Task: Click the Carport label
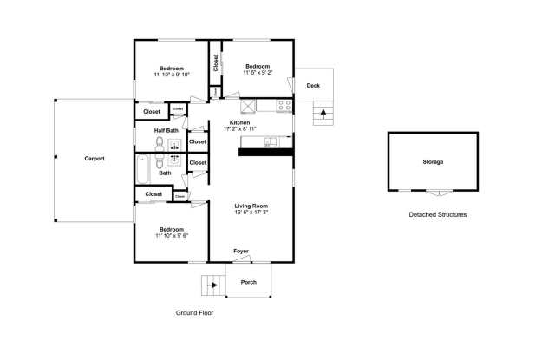[95, 159]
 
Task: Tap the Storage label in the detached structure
[433, 162]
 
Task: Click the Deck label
[313, 85]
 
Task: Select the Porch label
[248, 282]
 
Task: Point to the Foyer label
[240, 252]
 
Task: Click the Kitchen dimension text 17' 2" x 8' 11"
[239, 129]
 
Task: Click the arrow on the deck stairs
[324, 113]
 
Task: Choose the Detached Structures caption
[437, 214]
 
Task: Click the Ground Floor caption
[194, 313]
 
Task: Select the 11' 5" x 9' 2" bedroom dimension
[258, 74]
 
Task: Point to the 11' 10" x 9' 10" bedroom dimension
[171, 75]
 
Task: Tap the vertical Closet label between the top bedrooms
[215, 63]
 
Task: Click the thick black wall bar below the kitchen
[266, 152]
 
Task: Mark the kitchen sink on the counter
[271, 141]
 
